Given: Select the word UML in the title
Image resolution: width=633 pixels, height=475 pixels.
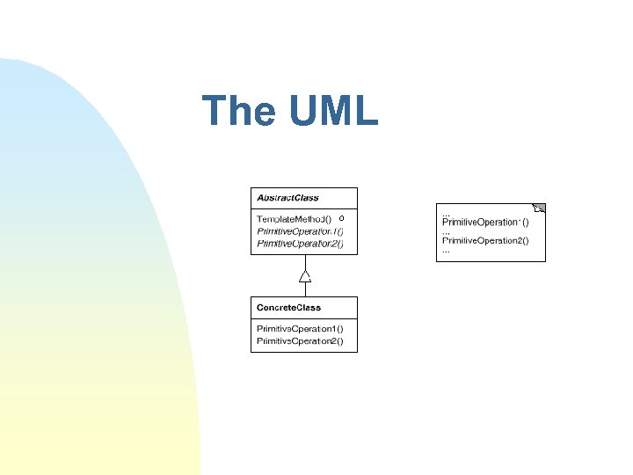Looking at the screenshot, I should click(x=331, y=111).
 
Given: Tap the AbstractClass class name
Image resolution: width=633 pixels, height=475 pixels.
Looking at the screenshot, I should click(x=287, y=198).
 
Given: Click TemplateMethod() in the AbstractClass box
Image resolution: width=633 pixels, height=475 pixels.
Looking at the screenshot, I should click(x=294, y=218).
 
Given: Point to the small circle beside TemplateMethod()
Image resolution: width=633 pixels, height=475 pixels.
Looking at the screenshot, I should click(x=341, y=217).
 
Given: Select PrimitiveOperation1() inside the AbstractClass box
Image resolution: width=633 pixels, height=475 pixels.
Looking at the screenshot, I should click(x=300, y=231).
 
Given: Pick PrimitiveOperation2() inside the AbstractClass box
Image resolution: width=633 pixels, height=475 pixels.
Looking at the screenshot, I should click(x=300, y=244).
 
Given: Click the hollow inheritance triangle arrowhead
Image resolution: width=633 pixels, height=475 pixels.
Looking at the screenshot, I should click(x=304, y=276).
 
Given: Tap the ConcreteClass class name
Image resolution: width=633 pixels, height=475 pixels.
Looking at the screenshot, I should click(x=288, y=308).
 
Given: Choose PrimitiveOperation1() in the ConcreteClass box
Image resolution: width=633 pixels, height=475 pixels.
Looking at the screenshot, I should click(x=300, y=328).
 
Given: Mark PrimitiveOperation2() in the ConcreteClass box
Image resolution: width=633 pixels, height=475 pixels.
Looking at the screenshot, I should click(x=300, y=340).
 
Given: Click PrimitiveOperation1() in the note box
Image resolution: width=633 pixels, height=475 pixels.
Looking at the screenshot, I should click(x=484, y=223).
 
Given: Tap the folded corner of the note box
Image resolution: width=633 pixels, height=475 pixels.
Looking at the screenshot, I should click(x=540, y=208).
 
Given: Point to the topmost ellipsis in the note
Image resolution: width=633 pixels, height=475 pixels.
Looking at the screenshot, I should click(x=446, y=214).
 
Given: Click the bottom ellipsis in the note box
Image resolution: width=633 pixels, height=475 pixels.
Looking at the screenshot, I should click(x=446, y=250).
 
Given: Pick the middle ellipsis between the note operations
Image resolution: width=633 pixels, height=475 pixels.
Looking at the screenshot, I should click(x=446, y=231).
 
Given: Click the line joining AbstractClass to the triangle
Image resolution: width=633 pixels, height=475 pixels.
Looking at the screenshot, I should click(x=304, y=262).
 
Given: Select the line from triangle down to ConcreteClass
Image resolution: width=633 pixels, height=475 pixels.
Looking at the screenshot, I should click(x=304, y=289).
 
